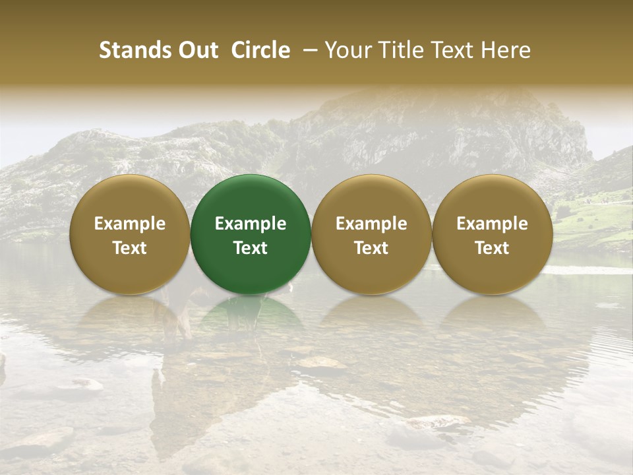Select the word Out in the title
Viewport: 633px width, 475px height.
pos(196,50)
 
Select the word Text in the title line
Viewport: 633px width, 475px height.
pos(448,50)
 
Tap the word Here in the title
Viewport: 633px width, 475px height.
pos(505,50)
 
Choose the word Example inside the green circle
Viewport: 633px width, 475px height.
pos(251,224)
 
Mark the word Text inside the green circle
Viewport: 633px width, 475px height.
pos(251,248)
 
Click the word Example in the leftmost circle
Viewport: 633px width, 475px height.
pos(130,224)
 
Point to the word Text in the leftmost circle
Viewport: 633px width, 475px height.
pos(130,248)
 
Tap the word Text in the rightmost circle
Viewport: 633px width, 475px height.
pos(493,248)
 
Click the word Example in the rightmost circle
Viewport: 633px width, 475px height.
pos(493,224)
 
